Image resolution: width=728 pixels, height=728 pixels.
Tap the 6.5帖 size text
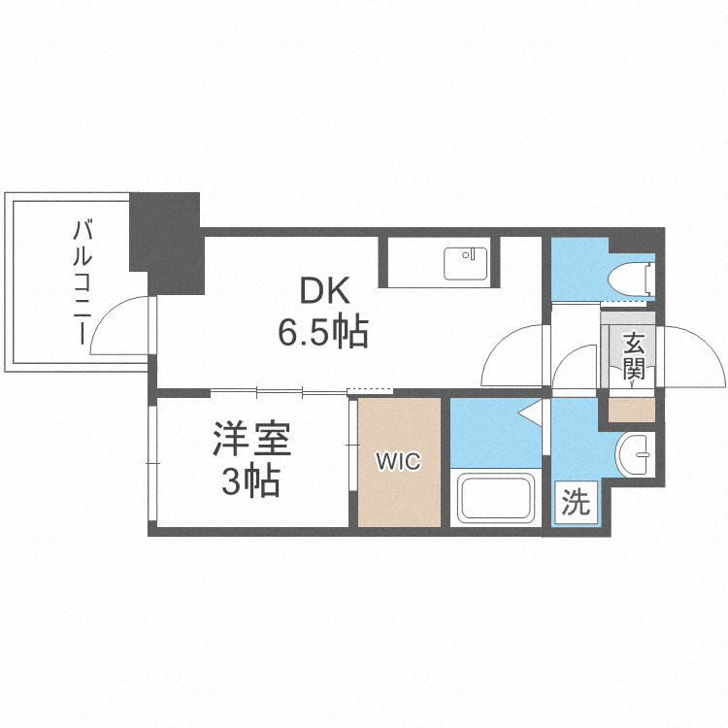(321, 333)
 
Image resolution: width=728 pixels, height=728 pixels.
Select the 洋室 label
(252, 440)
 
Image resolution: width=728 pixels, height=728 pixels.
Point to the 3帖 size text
(250, 480)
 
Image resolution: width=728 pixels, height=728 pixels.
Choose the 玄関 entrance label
(634, 355)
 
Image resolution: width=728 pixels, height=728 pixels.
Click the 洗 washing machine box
(576, 503)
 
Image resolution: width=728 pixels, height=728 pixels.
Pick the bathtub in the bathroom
(497, 497)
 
